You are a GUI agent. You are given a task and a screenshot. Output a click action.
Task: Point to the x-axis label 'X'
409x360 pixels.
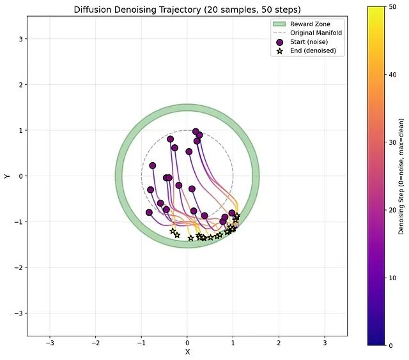[x=187, y=352]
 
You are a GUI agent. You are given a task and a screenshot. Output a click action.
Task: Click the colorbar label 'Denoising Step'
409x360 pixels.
[x=401, y=176]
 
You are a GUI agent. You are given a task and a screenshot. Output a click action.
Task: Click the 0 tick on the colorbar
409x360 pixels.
[x=382, y=345]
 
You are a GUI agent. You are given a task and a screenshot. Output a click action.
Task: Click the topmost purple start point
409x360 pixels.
[x=196, y=131]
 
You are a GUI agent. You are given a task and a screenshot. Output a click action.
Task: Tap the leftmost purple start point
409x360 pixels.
[x=149, y=213]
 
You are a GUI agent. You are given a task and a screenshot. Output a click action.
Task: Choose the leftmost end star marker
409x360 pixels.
[x=173, y=231]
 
